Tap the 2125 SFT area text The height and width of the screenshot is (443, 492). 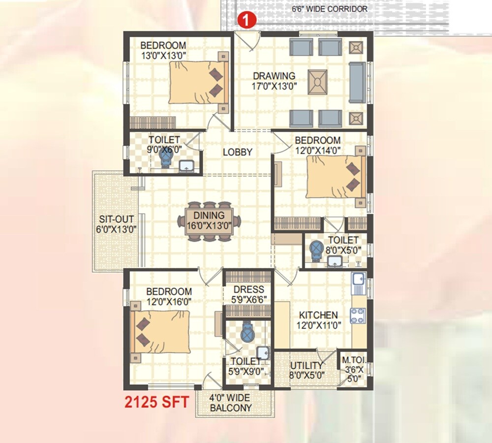156,402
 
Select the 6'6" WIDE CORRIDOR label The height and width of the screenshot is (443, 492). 330,9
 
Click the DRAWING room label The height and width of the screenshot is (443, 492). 274,76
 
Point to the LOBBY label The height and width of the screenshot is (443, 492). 237,152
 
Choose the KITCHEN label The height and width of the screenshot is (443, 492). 318,315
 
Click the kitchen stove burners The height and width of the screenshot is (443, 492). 358,315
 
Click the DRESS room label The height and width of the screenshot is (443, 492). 248,289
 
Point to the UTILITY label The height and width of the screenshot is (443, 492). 307,365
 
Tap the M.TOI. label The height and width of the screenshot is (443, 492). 353,365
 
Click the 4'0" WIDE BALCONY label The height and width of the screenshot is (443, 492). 230,402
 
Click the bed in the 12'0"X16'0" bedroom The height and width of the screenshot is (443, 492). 161,332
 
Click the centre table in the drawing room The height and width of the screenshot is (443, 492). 318,82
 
